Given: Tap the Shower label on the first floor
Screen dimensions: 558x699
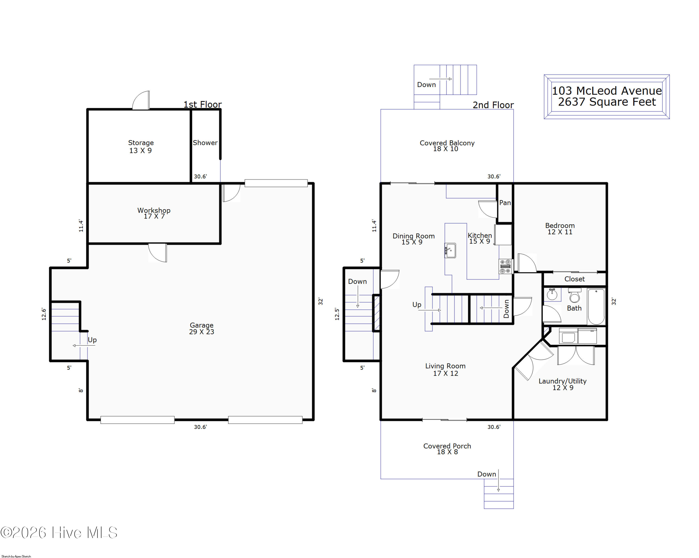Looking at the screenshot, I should tap(205, 143).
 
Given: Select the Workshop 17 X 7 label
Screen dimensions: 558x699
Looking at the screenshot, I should tap(154, 213).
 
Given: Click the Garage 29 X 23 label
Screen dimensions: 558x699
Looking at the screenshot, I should tap(201, 328).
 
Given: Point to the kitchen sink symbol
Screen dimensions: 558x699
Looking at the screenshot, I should tap(450, 250).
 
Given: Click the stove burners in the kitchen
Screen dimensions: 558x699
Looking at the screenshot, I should tap(505, 266).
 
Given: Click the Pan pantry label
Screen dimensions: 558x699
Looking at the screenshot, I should tap(505, 203).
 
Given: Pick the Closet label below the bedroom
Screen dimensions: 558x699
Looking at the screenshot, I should tap(574, 279).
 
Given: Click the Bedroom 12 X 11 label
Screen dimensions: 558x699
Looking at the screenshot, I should tap(560, 228).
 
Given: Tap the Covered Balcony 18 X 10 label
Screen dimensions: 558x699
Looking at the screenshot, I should tap(447, 146).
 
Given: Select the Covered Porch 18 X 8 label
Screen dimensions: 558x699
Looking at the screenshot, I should tap(447, 449).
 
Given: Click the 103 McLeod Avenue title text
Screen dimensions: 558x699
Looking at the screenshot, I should tap(606, 90).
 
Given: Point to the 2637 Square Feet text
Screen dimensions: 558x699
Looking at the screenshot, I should tap(606, 102).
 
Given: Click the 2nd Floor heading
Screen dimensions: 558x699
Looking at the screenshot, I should tap(493, 105).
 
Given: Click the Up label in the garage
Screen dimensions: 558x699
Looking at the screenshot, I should tap(92, 340).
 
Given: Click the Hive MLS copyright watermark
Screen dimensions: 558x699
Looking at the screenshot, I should tap(59, 533).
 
